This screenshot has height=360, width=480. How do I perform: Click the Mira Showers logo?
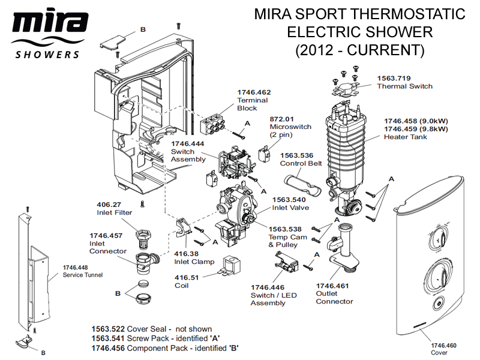(46, 33)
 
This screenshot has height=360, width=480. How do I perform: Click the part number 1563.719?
(394, 78)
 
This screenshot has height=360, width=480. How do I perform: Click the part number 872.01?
(282, 119)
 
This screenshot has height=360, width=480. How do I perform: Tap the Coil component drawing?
(231, 266)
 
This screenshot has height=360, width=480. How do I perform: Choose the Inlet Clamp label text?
(190, 262)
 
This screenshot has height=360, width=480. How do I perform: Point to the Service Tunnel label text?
(83, 275)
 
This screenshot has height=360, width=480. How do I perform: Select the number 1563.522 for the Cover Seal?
(109, 329)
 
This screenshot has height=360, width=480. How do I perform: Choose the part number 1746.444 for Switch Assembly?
(188, 144)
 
